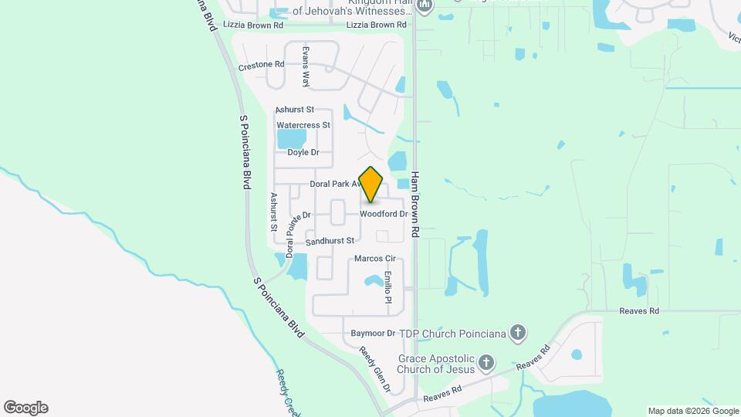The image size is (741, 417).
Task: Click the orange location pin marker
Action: (371, 184)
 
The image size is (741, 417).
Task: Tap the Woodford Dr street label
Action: (383, 214)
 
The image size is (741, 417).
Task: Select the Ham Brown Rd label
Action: (415, 204)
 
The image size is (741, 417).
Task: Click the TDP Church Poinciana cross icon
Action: (518, 333)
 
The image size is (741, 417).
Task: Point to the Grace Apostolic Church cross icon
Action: (486, 361)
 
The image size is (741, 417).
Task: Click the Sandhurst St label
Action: (329, 242)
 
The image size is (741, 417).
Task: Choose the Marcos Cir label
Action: (374, 258)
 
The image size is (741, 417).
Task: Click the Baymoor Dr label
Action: (373, 334)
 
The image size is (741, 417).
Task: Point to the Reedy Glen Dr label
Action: (376, 369)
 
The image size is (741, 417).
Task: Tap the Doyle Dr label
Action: (303, 152)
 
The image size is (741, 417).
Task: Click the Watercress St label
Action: (303, 124)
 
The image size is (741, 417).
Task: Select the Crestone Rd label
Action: (262, 66)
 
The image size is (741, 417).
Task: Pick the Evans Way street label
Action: (306, 66)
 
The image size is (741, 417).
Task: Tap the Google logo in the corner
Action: (25, 408)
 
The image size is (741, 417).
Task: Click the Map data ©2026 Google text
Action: (693, 411)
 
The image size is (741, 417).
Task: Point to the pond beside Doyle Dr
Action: (291, 139)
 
